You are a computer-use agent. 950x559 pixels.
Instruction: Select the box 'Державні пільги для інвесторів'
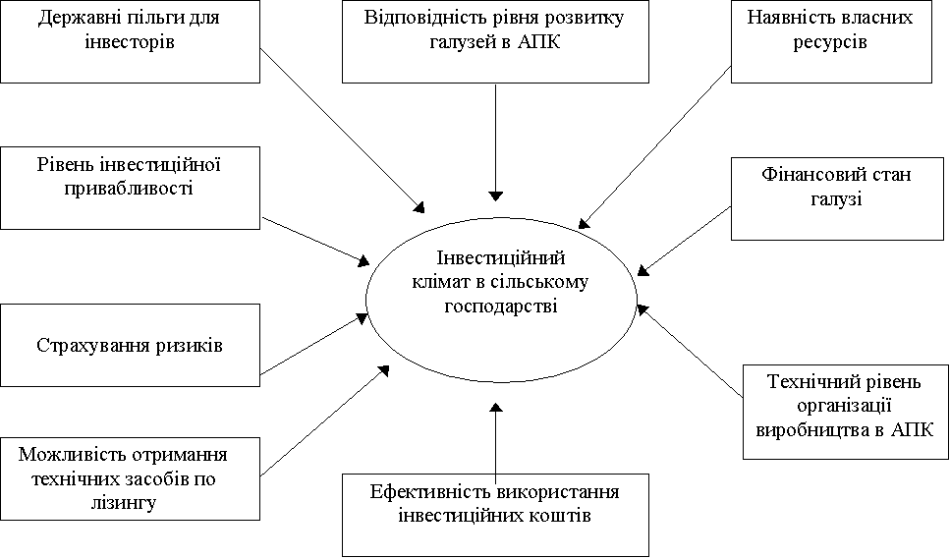(x=131, y=40)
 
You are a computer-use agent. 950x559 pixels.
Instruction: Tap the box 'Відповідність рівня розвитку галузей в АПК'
(x=495, y=41)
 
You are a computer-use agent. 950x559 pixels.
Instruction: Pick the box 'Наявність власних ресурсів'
(x=830, y=41)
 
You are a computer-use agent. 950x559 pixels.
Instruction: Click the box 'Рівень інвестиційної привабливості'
(x=131, y=187)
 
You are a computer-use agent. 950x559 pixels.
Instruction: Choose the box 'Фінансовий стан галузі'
(x=837, y=199)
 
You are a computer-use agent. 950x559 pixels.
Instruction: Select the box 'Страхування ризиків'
(x=131, y=345)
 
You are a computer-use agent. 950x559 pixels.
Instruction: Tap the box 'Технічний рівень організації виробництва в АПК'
(x=844, y=412)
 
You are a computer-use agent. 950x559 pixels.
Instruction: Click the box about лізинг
(x=131, y=478)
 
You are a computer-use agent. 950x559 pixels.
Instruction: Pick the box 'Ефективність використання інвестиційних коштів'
(x=495, y=514)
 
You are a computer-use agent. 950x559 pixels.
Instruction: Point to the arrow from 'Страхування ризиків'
(x=314, y=344)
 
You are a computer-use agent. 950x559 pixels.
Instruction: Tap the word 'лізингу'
(x=130, y=501)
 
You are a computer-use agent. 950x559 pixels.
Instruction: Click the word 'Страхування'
(x=89, y=346)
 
